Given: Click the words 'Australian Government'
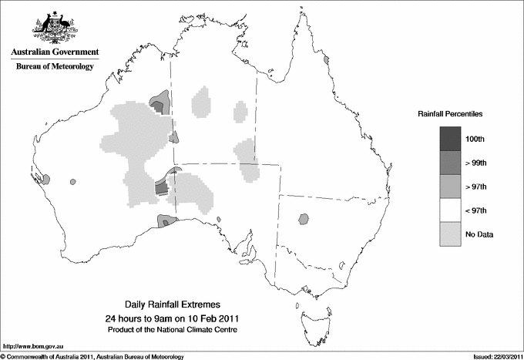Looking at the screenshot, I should (x=54, y=52).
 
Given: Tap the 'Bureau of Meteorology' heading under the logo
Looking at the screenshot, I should (x=54, y=67).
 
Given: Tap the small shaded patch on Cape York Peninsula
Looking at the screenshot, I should (x=327, y=59).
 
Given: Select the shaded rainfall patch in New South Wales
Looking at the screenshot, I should (x=304, y=219).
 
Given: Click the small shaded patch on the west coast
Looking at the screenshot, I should (x=45, y=179).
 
